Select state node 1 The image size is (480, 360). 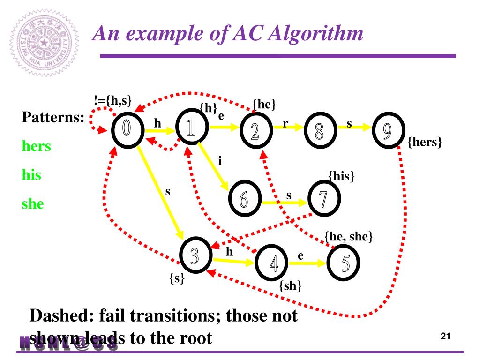click(191, 129)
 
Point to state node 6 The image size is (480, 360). click(244, 200)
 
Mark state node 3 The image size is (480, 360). click(195, 255)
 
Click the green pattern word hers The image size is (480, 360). click(37, 147)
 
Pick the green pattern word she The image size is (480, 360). click(33, 204)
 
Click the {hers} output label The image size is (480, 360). click(425, 142)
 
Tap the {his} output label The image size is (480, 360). click(341, 177)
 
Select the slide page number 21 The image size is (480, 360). click(446, 336)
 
